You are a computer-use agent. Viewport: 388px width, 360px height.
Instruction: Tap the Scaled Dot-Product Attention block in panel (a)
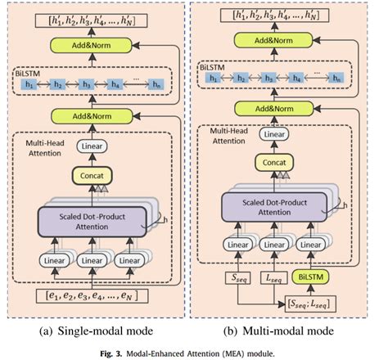[x=92, y=221]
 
